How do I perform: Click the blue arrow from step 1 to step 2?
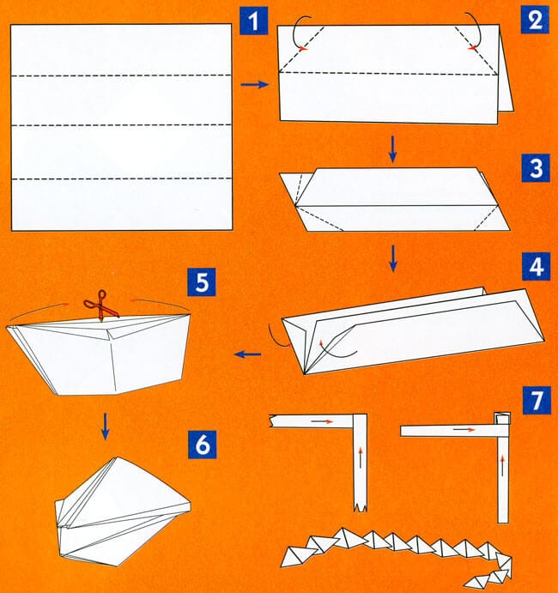tap(254, 84)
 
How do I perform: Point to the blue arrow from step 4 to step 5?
tap(249, 354)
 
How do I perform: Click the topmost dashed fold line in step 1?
tap(123, 76)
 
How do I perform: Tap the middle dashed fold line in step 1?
tap(123, 126)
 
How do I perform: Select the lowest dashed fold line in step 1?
tap(123, 179)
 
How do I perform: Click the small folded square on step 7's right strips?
tap(502, 418)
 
